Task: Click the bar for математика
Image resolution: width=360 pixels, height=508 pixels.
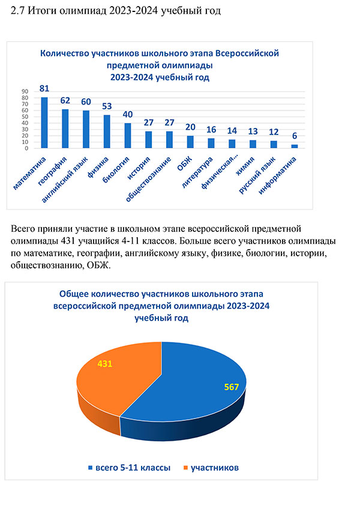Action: pyautogui.click(x=44, y=122)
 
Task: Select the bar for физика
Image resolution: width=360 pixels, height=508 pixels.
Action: pyautogui.click(x=107, y=132)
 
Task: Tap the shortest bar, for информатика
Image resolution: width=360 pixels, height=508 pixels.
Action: pyautogui.click(x=295, y=147)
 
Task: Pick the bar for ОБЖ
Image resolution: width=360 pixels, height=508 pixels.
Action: pyautogui.click(x=190, y=142)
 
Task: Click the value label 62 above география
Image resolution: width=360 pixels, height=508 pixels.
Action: pyautogui.click(x=65, y=100)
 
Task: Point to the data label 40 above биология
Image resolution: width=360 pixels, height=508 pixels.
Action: pyautogui.click(x=128, y=114)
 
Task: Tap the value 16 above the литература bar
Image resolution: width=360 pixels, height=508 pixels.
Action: pyautogui.click(x=211, y=130)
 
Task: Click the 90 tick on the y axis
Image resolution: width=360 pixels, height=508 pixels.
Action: pyautogui.click(x=25, y=92)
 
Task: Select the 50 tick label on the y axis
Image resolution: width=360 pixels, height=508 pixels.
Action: pyautogui.click(x=25, y=117)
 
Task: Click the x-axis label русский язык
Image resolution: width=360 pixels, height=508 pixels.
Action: pyautogui.click(x=257, y=175)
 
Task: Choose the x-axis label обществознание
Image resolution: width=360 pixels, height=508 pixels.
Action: pyautogui.click(x=148, y=180)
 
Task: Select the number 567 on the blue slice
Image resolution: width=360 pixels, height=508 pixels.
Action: pyautogui.click(x=232, y=387)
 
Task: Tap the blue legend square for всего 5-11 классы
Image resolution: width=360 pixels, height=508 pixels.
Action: pyautogui.click(x=91, y=468)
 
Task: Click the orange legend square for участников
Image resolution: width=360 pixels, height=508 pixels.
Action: pyautogui.click(x=185, y=468)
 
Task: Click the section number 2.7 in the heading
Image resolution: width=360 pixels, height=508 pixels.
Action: pyautogui.click(x=18, y=11)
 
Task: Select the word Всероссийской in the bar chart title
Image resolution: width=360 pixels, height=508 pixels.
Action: pyautogui.click(x=247, y=53)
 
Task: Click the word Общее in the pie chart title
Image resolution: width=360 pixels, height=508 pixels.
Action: pyautogui.click(x=73, y=294)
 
